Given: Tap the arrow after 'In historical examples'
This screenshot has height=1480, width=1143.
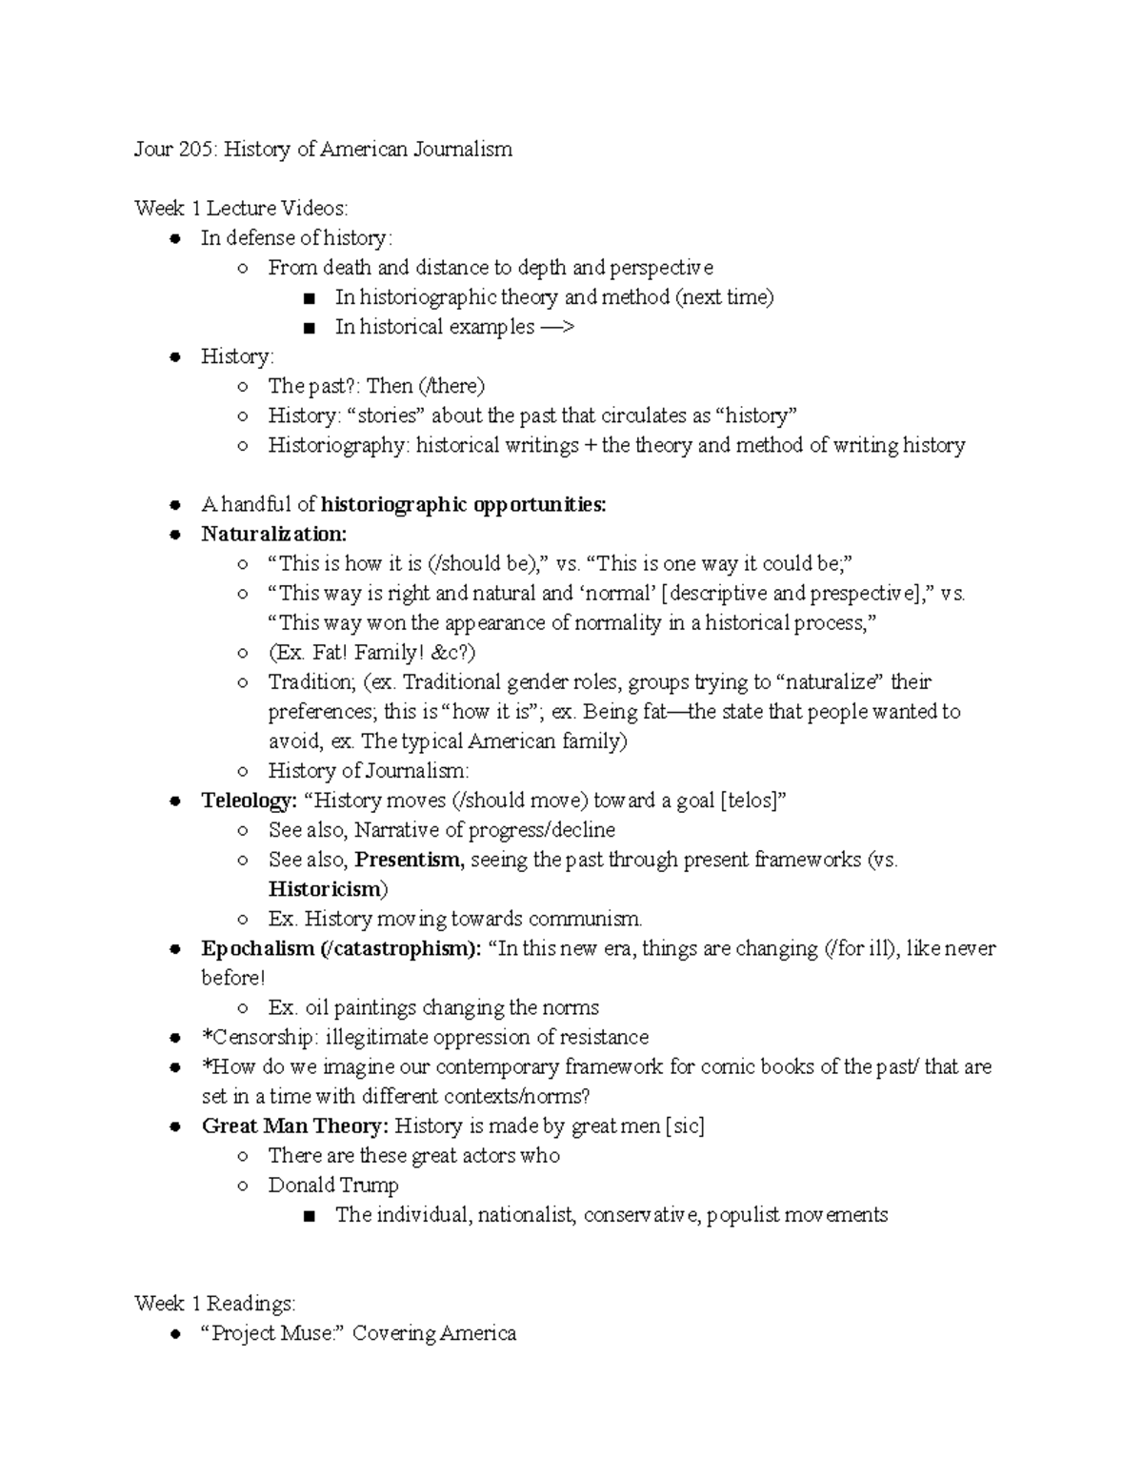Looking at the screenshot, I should click(x=557, y=327).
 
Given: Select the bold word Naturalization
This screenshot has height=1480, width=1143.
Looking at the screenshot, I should click(x=274, y=534).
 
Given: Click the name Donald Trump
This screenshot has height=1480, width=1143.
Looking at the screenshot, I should click(x=333, y=1186).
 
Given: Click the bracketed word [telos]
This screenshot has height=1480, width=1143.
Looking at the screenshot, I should click(x=753, y=801).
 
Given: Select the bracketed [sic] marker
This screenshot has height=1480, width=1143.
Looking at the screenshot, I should click(x=685, y=1125).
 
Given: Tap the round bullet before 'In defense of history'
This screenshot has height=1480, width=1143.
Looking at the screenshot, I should click(x=174, y=239).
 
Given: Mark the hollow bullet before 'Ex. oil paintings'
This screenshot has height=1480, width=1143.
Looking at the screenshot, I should click(x=243, y=1008).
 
